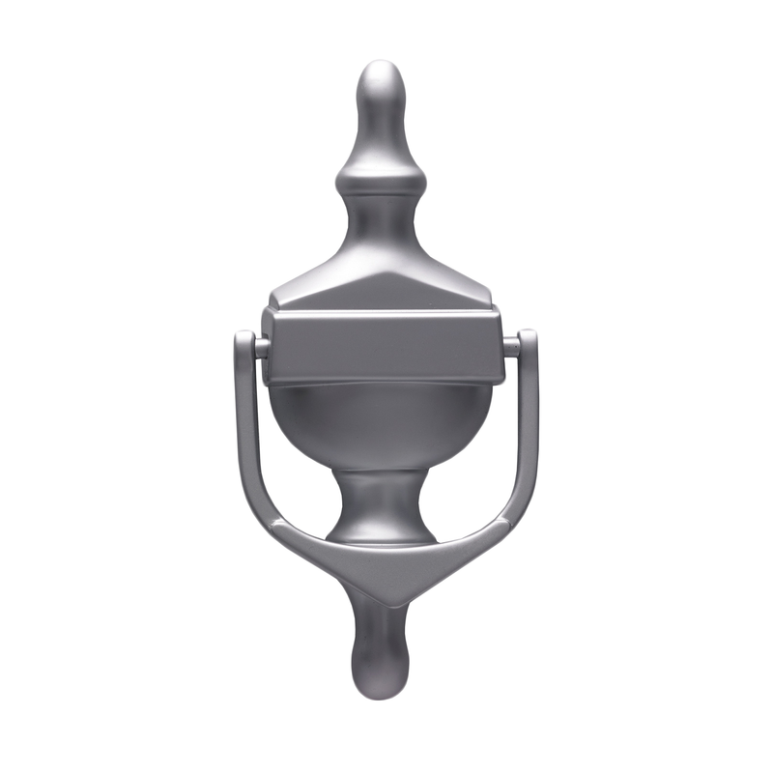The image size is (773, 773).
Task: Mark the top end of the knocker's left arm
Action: [x=244, y=339]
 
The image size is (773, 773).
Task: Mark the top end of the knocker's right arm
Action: [x=528, y=339]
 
